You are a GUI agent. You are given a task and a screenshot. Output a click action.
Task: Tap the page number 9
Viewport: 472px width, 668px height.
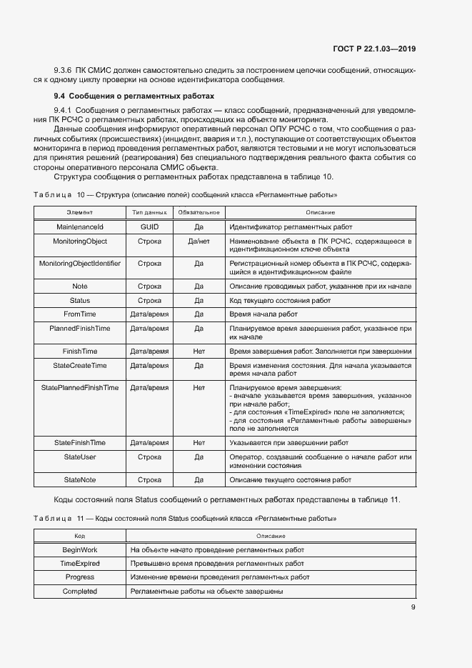413,608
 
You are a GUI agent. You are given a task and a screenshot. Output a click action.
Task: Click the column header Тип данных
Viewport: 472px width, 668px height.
149,212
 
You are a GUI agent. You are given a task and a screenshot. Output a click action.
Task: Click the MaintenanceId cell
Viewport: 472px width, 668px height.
80,226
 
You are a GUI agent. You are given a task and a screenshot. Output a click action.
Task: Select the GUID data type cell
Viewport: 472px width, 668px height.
149,226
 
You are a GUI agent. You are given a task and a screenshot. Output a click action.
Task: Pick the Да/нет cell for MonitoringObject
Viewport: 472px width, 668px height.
199,241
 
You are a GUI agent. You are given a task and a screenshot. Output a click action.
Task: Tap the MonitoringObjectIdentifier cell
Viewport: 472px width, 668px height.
80,264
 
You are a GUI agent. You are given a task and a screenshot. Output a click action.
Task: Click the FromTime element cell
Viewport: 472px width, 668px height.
80,314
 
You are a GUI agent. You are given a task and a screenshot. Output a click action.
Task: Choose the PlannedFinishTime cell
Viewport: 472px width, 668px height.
80,329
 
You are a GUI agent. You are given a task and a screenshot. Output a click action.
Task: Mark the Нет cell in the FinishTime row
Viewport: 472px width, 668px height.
199,352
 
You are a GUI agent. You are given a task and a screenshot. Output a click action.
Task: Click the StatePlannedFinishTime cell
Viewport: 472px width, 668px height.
80,388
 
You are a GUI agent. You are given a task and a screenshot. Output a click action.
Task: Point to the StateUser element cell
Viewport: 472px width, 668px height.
80,457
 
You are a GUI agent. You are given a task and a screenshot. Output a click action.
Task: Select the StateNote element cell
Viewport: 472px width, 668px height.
80,479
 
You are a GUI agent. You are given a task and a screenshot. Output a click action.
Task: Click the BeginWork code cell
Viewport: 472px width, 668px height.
80,550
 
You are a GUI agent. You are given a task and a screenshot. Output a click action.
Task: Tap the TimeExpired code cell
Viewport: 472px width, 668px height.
80,564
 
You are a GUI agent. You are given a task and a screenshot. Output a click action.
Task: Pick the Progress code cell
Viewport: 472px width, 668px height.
80,577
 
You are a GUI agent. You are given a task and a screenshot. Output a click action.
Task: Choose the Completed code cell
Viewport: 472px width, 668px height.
80,592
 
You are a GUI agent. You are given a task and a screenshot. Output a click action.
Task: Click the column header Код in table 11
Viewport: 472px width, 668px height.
80,536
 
